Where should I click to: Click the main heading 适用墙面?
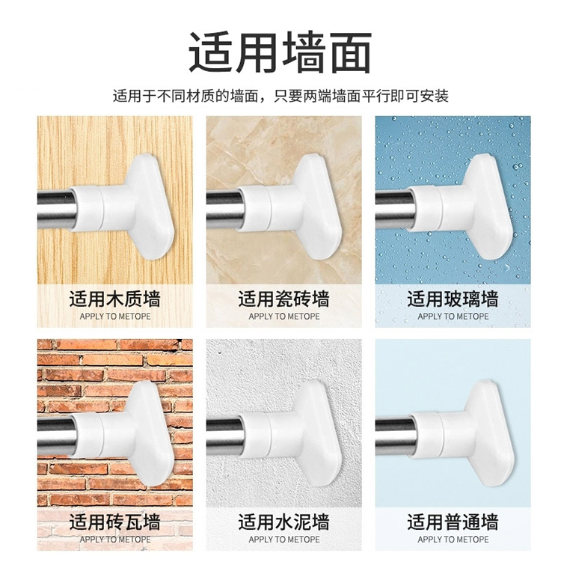coord(280,52)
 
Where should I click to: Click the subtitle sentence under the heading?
coord(280,96)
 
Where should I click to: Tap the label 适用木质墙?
coord(114,299)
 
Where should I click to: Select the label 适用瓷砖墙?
coord(283,299)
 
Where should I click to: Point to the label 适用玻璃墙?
coord(453,299)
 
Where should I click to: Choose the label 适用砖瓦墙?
coord(114,522)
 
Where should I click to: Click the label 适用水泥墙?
coord(283,522)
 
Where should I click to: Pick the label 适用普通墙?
coord(453,522)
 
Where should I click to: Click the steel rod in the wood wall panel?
coord(56,209)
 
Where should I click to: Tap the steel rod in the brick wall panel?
coord(56,436)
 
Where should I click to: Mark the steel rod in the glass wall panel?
coord(395,209)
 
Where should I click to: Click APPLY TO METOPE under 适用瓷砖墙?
coord(283,316)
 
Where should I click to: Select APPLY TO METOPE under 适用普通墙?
coord(453,540)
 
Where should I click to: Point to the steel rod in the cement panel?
coord(225,436)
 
